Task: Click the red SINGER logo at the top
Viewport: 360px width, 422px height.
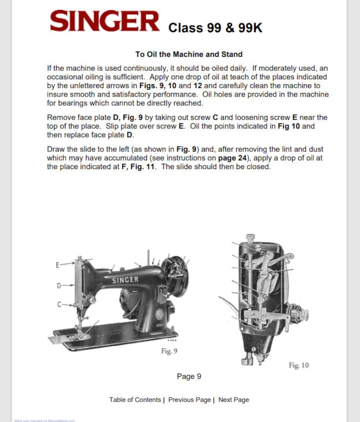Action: [105, 22]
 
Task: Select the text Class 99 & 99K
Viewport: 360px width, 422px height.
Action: [215, 28]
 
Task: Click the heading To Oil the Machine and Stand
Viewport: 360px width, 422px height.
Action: [188, 54]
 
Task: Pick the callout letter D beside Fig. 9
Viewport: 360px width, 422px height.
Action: [58, 285]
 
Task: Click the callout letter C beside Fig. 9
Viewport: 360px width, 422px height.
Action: [58, 304]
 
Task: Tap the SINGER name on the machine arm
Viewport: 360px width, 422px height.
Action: [125, 280]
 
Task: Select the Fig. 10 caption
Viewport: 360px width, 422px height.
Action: [298, 365]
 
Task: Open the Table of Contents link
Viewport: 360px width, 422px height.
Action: [135, 400]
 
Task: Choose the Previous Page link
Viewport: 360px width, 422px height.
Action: [190, 400]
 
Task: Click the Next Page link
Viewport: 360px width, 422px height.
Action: [234, 400]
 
